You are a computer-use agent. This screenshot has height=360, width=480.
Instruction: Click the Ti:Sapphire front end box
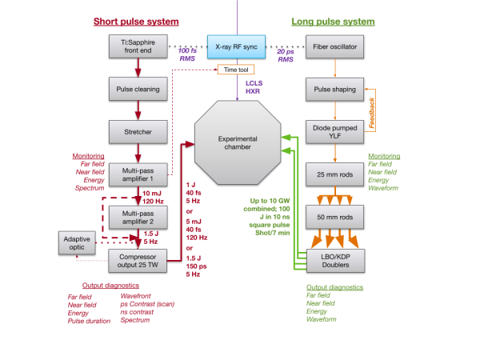(x=136, y=46)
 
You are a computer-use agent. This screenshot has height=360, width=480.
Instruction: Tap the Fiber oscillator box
(x=334, y=46)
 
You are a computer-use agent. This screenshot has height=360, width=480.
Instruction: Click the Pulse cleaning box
(x=136, y=90)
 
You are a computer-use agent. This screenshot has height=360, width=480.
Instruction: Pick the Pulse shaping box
(x=334, y=90)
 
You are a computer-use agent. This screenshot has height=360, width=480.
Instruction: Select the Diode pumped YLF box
(x=334, y=132)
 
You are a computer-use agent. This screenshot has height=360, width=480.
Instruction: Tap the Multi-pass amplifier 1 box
(x=136, y=175)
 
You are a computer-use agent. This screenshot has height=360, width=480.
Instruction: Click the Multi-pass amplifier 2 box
(x=136, y=217)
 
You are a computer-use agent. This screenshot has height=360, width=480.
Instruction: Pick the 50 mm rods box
(x=334, y=217)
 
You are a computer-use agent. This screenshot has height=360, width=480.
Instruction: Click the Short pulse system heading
(x=136, y=21)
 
